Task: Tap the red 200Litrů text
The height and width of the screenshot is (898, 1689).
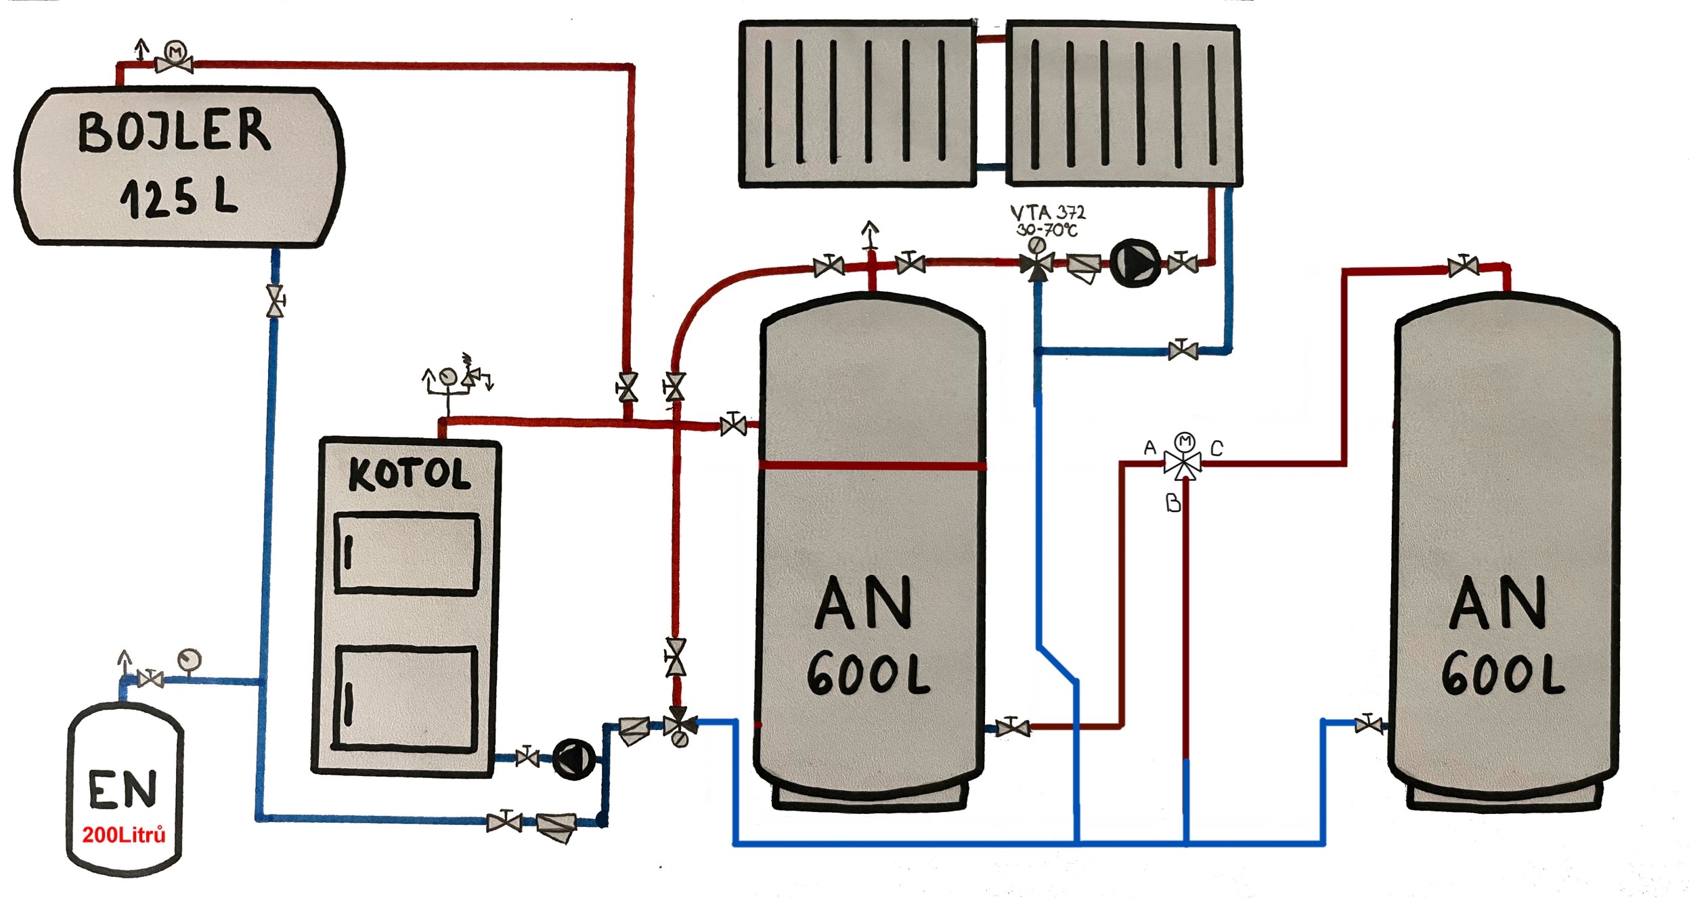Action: (124, 835)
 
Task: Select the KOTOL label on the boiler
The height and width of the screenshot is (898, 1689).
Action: (409, 474)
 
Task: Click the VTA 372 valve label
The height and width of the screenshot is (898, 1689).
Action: (1047, 213)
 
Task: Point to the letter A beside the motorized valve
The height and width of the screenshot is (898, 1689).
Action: (1149, 447)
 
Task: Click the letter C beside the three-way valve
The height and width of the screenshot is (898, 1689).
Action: (1216, 448)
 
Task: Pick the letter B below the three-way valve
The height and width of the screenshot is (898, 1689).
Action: (1173, 503)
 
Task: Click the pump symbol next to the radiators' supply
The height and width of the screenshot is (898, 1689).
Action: (1135, 263)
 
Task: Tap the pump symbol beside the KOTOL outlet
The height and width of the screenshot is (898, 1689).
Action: (573, 759)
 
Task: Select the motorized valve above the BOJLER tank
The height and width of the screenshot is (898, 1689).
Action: (175, 60)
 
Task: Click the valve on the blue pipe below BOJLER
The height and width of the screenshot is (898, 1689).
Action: (275, 301)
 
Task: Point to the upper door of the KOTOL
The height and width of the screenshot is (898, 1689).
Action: (407, 554)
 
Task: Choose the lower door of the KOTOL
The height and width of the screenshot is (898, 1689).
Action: (406, 699)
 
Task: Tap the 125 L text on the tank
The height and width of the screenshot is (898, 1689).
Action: (179, 198)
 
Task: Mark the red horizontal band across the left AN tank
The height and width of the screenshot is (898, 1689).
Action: (872, 465)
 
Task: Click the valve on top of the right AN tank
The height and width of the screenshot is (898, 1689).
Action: (1463, 266)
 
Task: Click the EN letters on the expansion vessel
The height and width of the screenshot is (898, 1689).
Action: (123, 789)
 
